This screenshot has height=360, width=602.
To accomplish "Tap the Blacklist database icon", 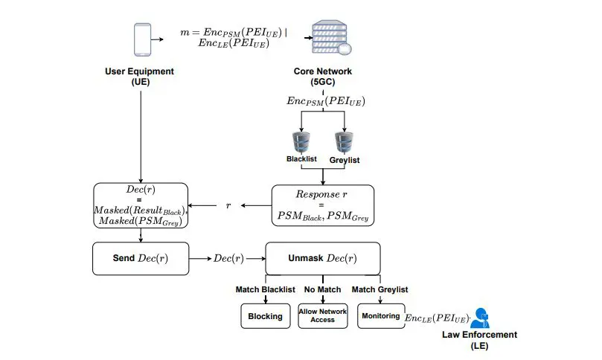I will pos(301,141).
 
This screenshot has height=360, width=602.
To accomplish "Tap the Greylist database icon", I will pos(343,141).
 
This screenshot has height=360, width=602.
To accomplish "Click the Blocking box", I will pos(265,316).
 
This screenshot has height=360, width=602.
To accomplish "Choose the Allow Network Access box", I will pos(322,316).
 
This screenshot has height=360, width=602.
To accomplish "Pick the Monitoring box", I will pos(380,316).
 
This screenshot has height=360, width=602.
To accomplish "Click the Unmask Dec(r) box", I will pos(322,258).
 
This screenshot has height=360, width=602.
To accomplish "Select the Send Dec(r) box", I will pos(141,258).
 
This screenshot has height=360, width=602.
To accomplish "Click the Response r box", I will pos(322,205).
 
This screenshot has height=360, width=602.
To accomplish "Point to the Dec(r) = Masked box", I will pos(141,205).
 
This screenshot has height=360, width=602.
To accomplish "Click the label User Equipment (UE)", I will pos(140,77).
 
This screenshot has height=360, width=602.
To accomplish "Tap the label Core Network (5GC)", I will pos(322,77).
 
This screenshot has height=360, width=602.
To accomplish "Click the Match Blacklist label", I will pos(266,289).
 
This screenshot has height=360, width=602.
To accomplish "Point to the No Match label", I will pos(322,289).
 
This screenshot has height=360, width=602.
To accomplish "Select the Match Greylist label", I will pos(380,289).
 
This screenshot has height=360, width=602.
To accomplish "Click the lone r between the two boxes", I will pos(229,205).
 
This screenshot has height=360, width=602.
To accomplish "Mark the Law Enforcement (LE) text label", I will pos(479,340).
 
